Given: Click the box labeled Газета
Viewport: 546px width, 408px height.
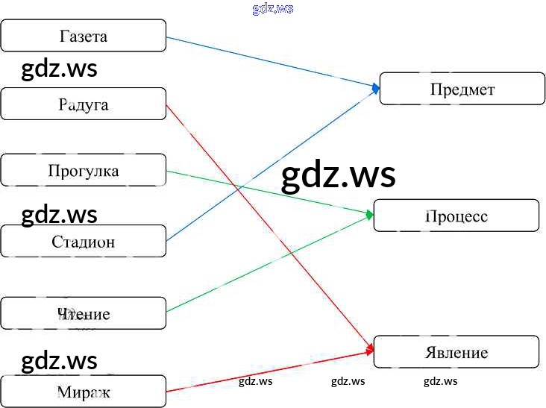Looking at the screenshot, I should [83, 36].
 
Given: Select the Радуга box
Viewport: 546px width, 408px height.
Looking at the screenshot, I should [83, 104].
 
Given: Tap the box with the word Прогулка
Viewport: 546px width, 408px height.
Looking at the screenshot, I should [83, 171].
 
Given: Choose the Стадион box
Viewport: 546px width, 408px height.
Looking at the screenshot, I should [83, 241].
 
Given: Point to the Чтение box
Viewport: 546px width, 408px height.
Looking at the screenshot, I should [83, 313].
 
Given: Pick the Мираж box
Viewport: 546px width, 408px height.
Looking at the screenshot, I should [83, 391].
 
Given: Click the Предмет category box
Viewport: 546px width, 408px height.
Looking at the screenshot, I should [462, 89].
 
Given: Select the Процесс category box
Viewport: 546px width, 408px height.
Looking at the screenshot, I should [456, 216].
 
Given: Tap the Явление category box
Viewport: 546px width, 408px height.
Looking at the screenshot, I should [456, 352].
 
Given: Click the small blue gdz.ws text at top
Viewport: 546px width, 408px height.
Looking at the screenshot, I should [273, 9].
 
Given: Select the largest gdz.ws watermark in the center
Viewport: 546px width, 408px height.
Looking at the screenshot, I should [338, 176].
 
